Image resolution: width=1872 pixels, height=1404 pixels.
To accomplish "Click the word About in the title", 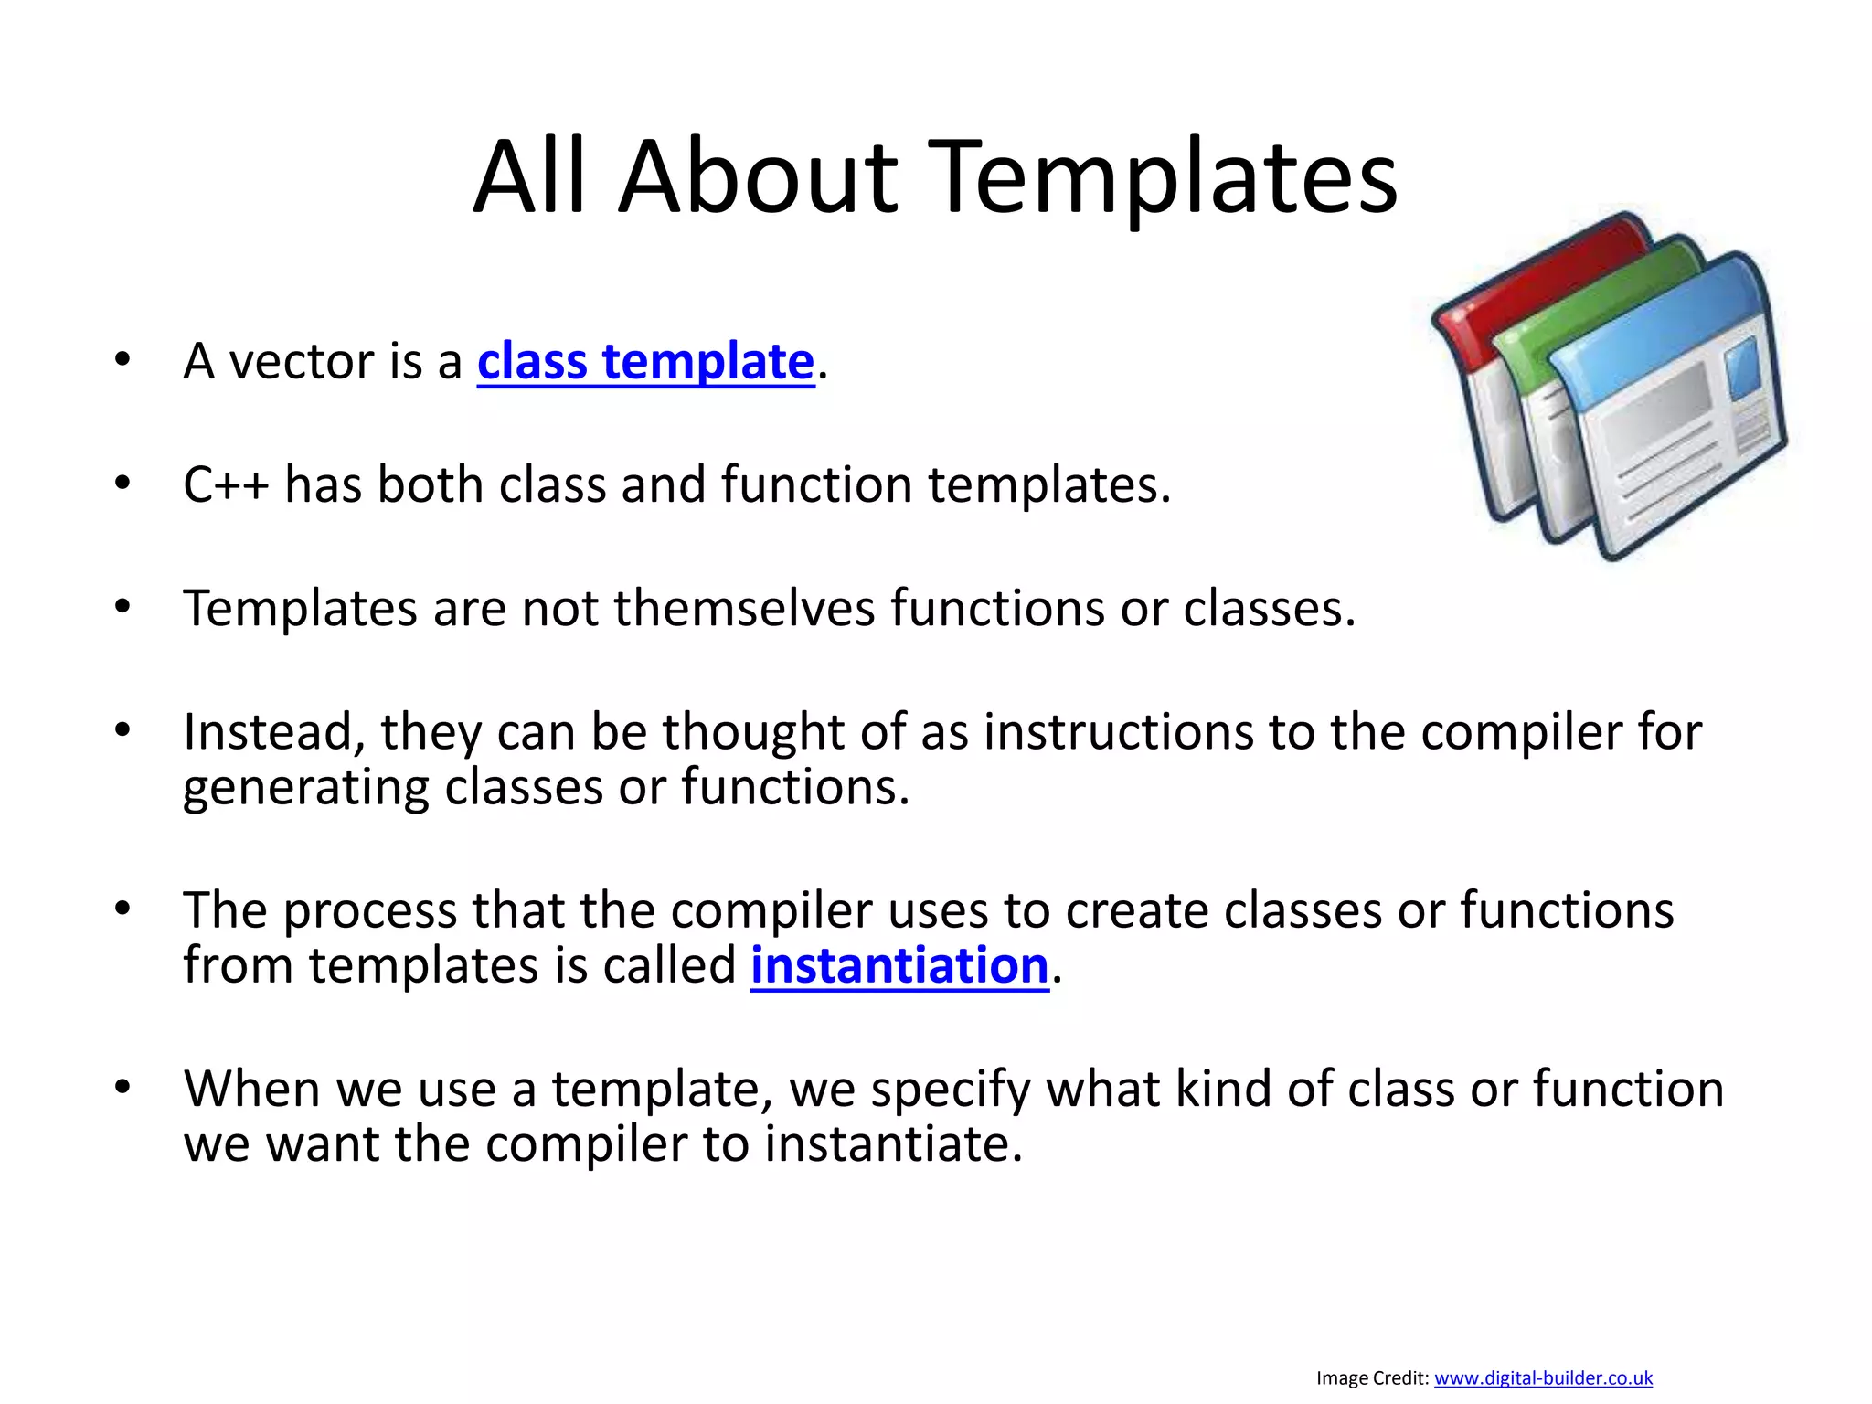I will click(758, 177).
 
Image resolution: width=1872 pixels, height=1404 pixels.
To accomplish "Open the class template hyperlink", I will click(645, 362).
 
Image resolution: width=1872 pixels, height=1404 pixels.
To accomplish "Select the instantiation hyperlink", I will click(899, 966).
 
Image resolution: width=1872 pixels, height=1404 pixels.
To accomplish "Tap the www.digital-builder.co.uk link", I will click(1543, 1377).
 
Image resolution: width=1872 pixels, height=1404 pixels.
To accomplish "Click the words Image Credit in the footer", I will click(1372, 1377).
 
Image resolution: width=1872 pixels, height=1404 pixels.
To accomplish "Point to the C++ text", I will click(225, 484).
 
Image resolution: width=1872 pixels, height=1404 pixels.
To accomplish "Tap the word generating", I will click(305, 788).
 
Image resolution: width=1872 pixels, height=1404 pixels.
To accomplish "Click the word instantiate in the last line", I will click(892, 1144).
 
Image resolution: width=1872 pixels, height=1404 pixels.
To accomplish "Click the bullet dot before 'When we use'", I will click(123, 1088).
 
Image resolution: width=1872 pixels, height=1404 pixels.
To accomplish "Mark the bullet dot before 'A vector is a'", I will click(123, 360).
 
